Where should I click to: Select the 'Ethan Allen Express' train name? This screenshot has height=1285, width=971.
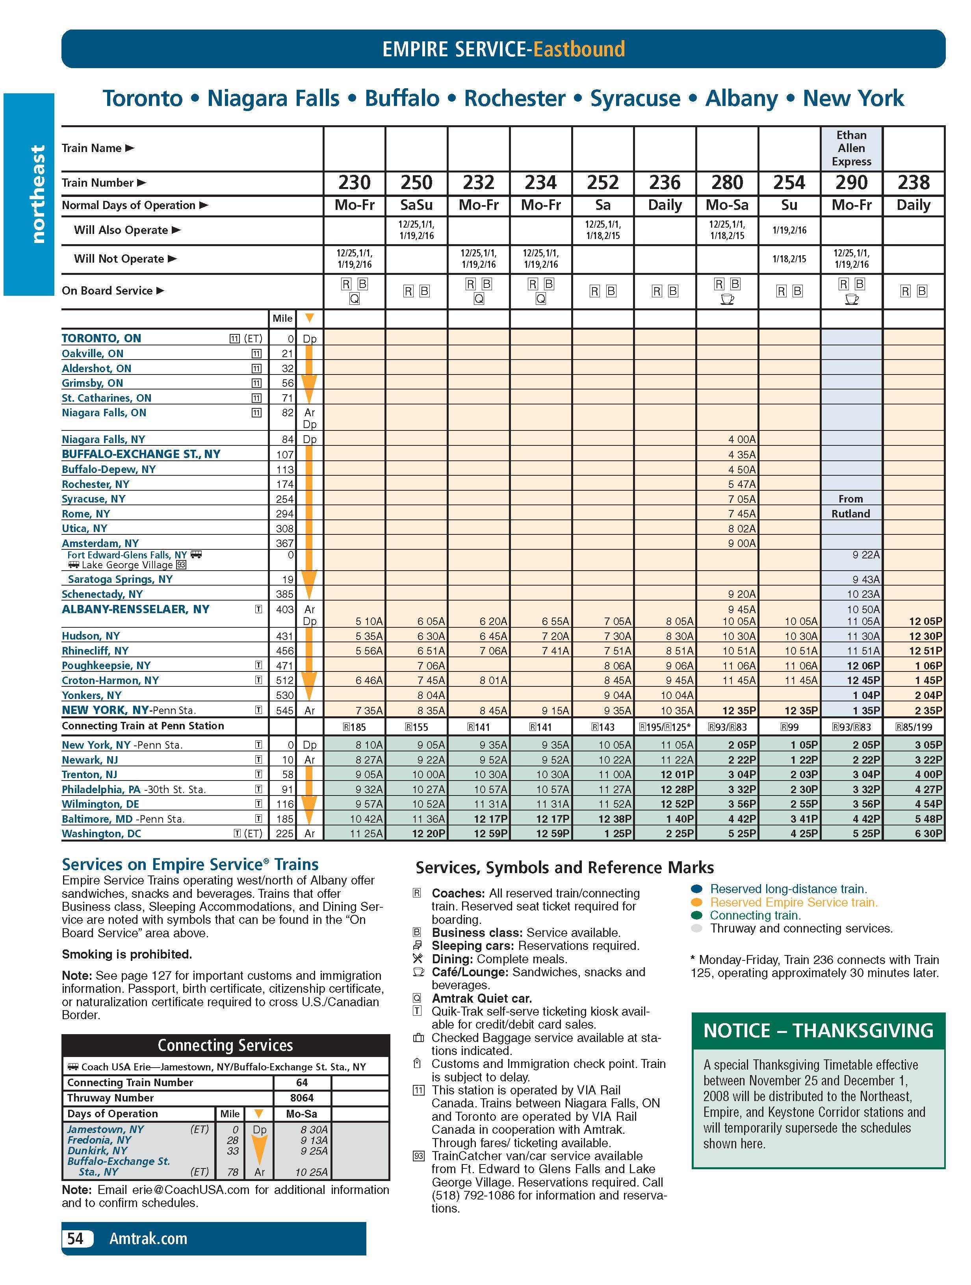(851, 148)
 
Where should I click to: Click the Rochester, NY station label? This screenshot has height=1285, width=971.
(95, 484)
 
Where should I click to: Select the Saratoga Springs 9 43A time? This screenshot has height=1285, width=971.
(866, 579)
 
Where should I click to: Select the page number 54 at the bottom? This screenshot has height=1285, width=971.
(76, 1239)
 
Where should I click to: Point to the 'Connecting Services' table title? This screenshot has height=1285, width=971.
(225, 1046)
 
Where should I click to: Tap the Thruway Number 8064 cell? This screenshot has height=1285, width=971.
(302, 1098)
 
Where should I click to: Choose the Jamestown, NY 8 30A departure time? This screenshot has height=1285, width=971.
(314, 1129)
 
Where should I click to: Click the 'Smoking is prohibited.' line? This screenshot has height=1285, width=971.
(127, 955)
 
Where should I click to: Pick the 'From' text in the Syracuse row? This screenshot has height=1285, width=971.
(850, 499)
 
